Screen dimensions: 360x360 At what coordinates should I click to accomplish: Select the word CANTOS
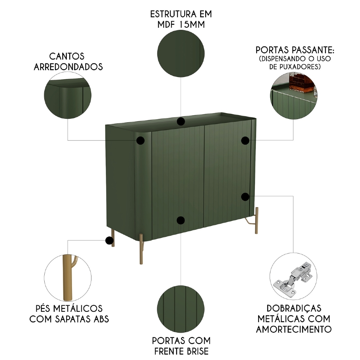point(67,56)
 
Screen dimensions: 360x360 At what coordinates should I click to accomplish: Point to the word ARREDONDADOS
point(68,67)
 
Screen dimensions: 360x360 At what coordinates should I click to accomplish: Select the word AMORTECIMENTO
point(293,329)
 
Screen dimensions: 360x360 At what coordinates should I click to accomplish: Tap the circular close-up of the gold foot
point(68,278)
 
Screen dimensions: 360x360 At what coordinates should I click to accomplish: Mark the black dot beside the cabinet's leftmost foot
point(108,240)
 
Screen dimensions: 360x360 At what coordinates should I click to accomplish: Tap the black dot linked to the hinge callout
point(245,197)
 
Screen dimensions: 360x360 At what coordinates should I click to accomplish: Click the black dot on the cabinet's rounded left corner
point(140,141)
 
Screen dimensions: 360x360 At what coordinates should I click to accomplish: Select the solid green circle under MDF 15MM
point(181,53)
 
